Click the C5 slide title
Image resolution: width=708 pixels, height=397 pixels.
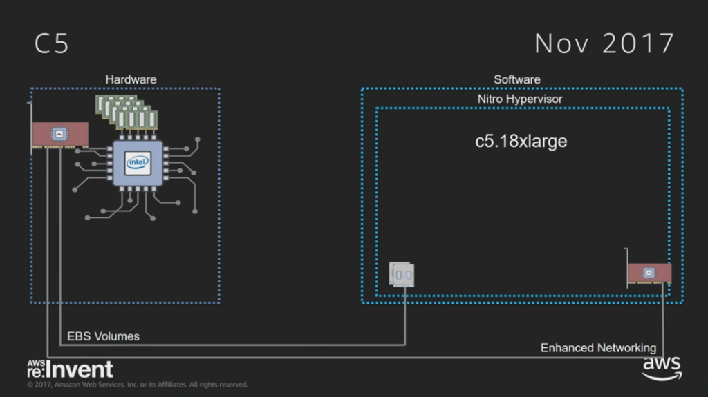[52, 44]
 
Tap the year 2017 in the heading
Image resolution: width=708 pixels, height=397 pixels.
[637, 44]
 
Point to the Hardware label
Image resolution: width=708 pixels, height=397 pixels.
[131, 79]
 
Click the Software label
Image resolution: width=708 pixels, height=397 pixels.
[516, 79]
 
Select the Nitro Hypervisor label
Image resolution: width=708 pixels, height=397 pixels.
[520, 99]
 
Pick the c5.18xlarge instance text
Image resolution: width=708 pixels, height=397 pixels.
[521, 142]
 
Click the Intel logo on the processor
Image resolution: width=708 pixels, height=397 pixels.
[138, 163]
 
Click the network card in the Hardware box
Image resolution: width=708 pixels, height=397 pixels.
[61, 135]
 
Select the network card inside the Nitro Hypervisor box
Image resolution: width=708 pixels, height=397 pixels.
[649, 273]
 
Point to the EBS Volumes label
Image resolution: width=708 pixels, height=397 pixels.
[103, 336]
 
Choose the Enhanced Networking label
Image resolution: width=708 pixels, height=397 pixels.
[598, 348]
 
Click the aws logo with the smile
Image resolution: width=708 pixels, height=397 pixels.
[662, 368]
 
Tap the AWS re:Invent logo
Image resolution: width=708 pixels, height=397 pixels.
[70, 369]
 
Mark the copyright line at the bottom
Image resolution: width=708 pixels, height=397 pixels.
[137, 385]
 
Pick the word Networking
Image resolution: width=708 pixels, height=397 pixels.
[626, 348]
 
